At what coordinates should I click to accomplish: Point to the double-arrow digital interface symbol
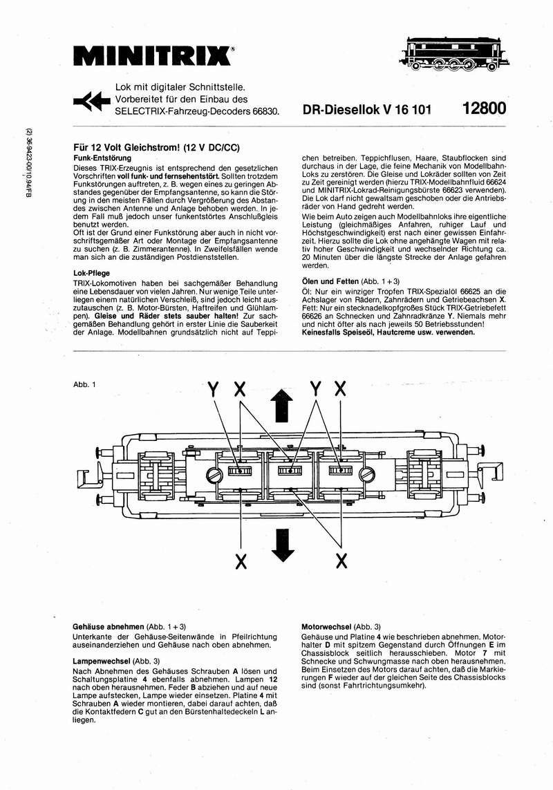tap(91, 102)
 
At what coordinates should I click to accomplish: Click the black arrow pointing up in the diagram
tap(280, 404)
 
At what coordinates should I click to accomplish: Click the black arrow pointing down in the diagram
tap(280, 543)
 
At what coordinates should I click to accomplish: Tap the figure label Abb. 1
tap(84, 384)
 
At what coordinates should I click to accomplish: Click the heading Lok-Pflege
tap(91, 273)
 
